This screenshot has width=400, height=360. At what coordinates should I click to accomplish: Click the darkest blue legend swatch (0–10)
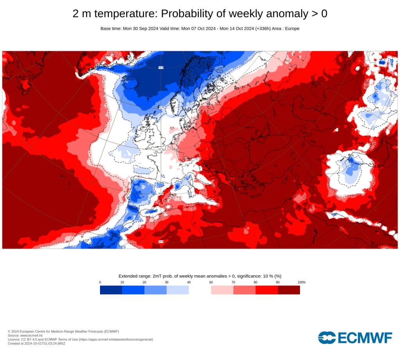click(111, 290)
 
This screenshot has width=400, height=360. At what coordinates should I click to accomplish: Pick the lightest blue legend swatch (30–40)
click(178, 290)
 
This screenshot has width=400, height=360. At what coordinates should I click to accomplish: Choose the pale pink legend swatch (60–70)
click(222, 290)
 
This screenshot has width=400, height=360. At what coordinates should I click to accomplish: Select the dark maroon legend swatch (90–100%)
click(289, 290)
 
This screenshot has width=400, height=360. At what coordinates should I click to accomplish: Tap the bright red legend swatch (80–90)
click(266, 290)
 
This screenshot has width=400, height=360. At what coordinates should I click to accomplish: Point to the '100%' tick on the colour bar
click(301, 282)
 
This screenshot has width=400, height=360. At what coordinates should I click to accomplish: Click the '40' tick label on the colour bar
click(189, 282)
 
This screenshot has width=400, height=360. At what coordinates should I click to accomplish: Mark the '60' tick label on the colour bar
click(211, 282)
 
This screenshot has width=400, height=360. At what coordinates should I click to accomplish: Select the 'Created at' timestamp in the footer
click(36, 343)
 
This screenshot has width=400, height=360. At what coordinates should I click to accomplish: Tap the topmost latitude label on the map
click(161, 67)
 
